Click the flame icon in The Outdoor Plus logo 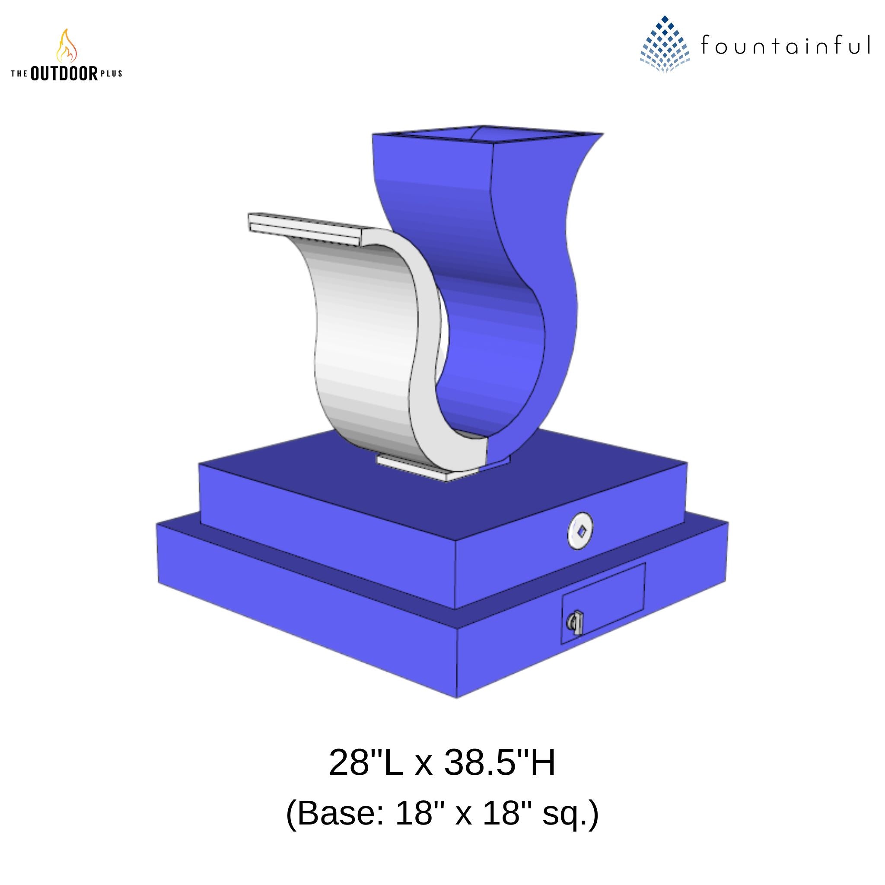[67, 46]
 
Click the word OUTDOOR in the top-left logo [64, 73]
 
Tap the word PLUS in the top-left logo [111, 73]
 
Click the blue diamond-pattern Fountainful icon [664, 45]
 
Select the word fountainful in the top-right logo [785, 45]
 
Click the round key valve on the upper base [580, 532]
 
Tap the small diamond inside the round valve [581, 532]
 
